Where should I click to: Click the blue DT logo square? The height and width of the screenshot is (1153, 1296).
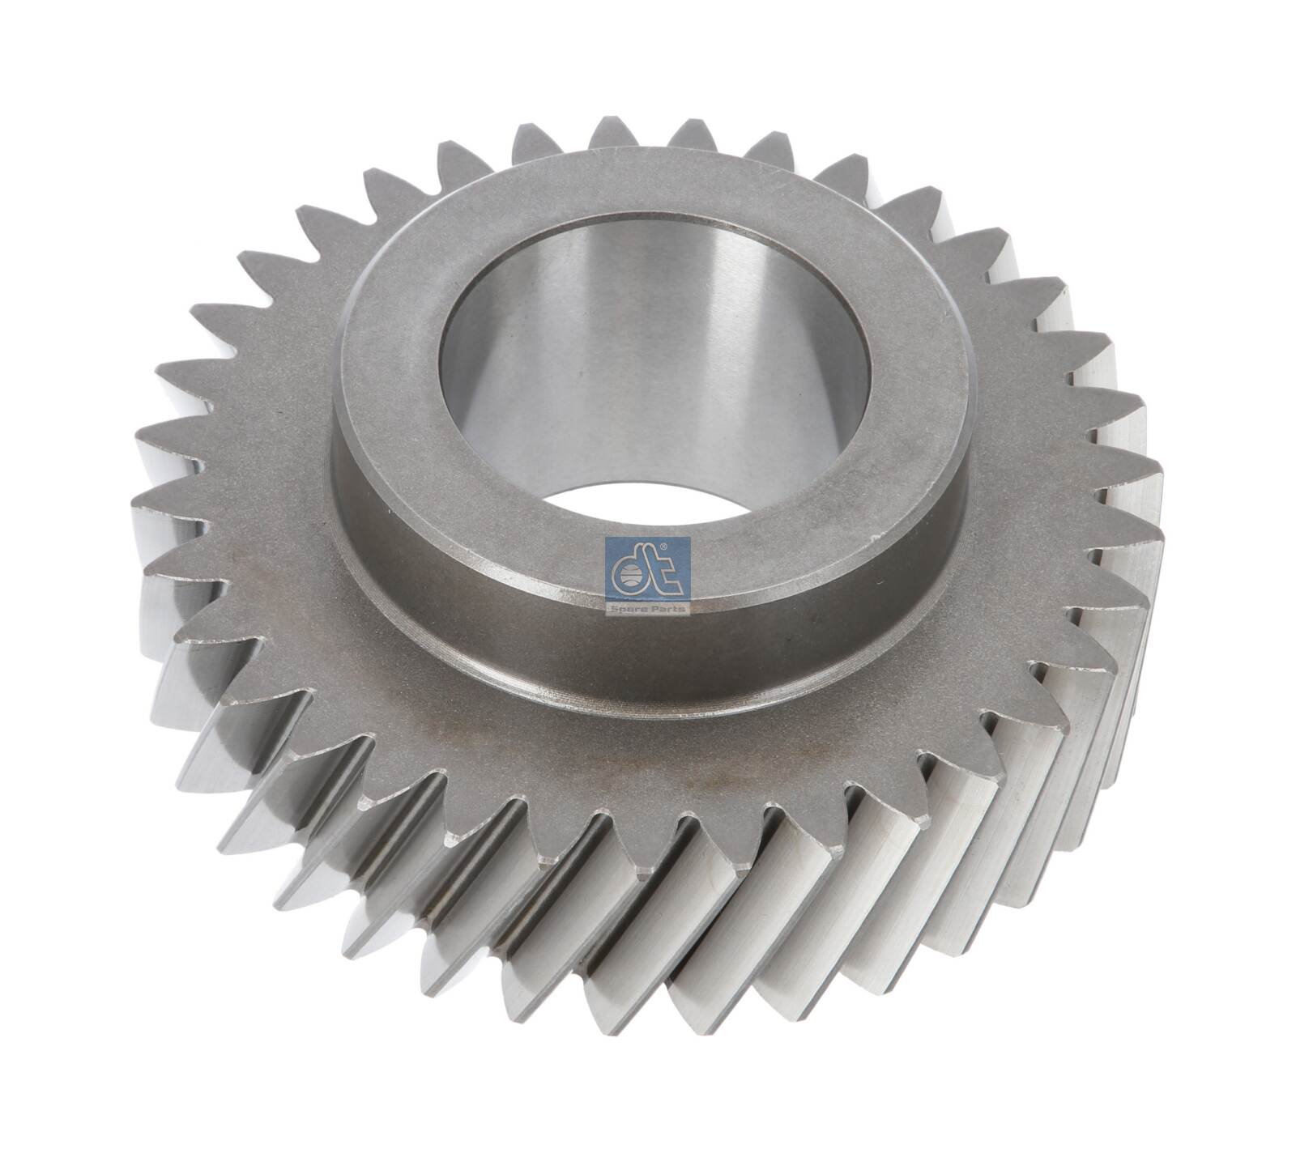pos(647,570)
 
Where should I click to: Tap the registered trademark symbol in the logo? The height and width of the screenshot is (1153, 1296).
pos(664,549)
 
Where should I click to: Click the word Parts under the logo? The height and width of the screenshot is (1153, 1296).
pos(667,608)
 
